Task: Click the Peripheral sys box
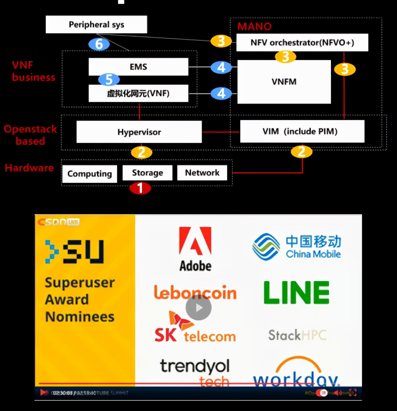coord(96,25)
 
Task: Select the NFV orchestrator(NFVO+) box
coord(302,43)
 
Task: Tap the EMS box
coord(138,67)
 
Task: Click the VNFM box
coord(284,82)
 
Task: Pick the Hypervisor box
coord(139,132)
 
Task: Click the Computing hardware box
coord(90,174)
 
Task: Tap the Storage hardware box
coord(147,173)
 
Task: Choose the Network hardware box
coord(202,173)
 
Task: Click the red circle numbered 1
coord(140,188)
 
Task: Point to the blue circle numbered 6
coord(99,44)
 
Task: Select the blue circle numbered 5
coord(109,79)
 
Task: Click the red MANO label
coord(254,27)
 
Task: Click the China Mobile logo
coord(297,247)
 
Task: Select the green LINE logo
coord(296,292)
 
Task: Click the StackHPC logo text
coord(297,335)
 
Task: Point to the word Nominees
coord(80,317)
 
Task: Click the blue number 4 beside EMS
coord(221,67)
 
